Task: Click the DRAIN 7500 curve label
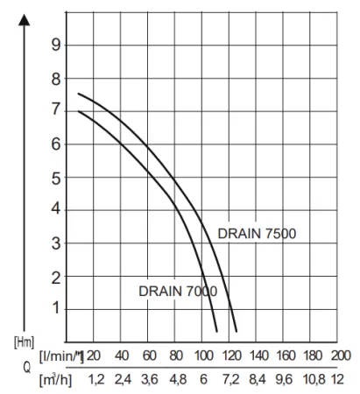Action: (x=257, y=233)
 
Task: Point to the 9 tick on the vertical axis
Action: (x=57, y=45)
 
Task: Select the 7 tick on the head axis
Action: (x=57, y=111)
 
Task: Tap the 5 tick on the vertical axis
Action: (x=57, y=177)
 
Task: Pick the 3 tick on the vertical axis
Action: (x=57, y=243)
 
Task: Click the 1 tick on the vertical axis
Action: (x=57, y=308)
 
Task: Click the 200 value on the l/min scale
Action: (x=341, y=355)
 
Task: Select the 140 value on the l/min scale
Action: (x=258, y=355)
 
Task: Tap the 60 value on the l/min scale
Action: (x=149, y=355)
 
